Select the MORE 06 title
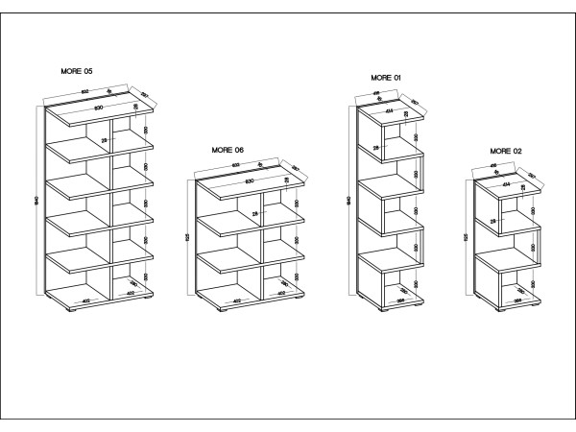[x=228, y=151]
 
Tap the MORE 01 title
[x=385, y=77]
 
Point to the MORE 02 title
[x=505, y=151]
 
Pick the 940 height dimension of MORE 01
[x=350, y=201]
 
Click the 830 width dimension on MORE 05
[x=99, y=108]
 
